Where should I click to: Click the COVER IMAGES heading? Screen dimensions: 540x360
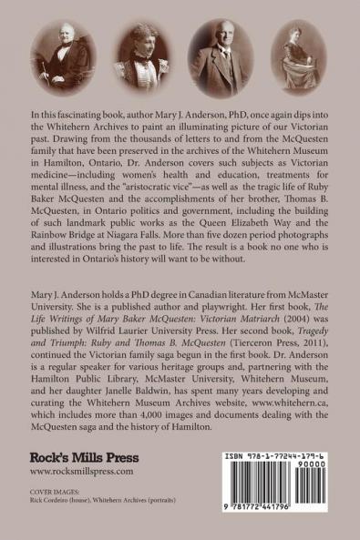click(x=56, y=498)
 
